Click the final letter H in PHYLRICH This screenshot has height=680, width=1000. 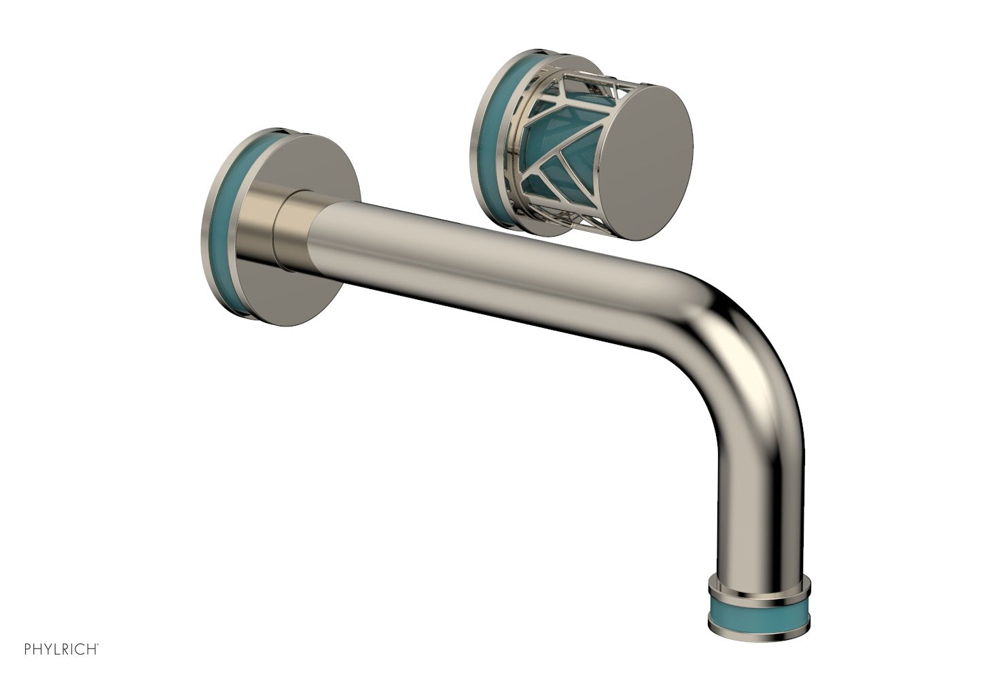pyautogui.click(x=91, y=649)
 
